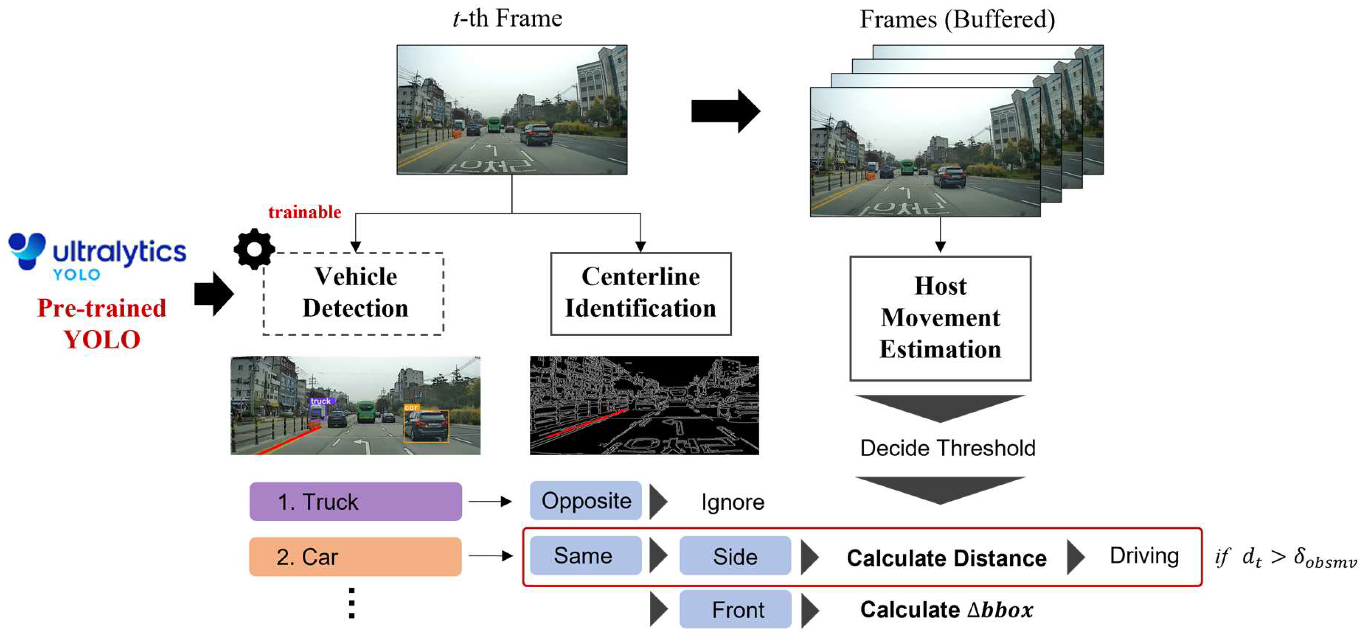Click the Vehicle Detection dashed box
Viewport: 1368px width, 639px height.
click(x=354, y=293)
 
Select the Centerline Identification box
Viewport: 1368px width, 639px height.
click(x=640, y=293)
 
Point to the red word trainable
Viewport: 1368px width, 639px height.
click(x=304, y=212)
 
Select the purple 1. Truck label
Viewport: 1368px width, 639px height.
click(x=355, y=501)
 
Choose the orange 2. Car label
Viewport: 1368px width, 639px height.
click(x=355, y=556)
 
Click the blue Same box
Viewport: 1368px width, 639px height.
click(x=585, y=556)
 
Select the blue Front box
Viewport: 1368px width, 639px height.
click(x=736, y=609)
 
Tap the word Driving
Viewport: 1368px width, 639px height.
click(x=1144, y=556)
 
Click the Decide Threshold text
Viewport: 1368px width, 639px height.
click(x=947, y=448)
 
